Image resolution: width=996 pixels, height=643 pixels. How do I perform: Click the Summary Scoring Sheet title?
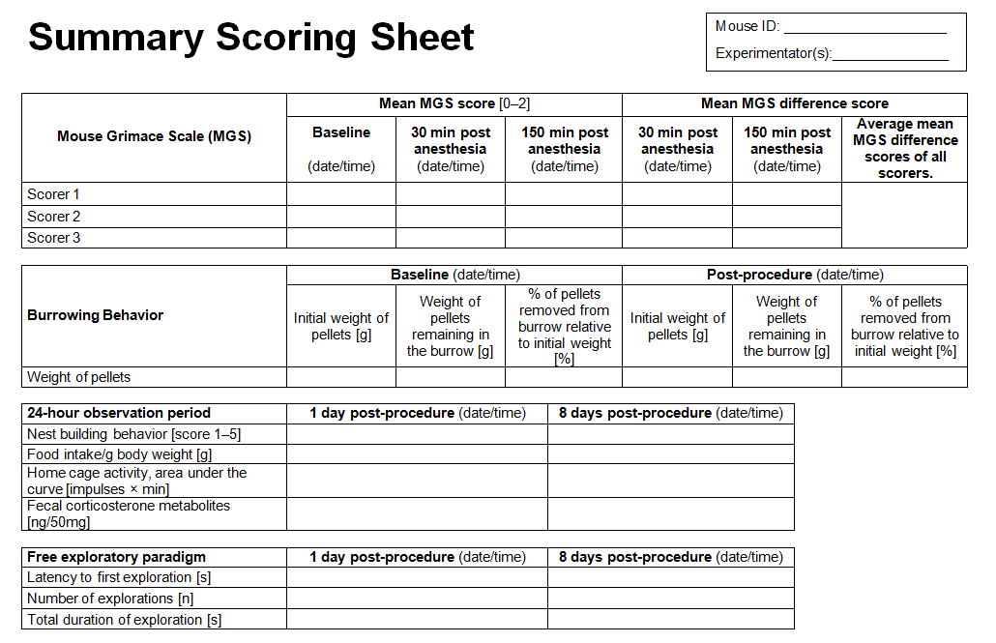click(x=251, y=38)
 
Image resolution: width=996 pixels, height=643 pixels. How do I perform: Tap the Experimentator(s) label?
click(x=773, y=53)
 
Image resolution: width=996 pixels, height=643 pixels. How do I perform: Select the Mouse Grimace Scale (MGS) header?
click(x=154, y=136)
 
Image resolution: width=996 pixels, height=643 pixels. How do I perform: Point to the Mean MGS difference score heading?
click(x=794, y=103)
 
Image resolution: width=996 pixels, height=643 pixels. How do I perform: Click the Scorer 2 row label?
click(x=54, y=217)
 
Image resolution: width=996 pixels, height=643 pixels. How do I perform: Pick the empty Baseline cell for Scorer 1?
click(x=341, y=194)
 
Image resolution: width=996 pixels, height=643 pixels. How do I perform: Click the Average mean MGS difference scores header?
click(x=904, y=149)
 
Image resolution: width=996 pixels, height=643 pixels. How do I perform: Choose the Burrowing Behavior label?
click(x=95, y=315)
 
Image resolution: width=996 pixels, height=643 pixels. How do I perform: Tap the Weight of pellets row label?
click(x=78, y=377)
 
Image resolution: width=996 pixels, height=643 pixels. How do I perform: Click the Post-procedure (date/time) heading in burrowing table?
click(x=794, y=275)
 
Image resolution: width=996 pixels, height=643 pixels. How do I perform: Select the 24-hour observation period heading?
click(x=119, y=413)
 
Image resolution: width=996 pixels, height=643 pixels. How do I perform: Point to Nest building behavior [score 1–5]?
click(x=133, y=434)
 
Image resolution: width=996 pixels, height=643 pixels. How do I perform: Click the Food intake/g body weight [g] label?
click(x=120, y=454)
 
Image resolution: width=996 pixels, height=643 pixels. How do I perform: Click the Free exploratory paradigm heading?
click(x=116, y=557)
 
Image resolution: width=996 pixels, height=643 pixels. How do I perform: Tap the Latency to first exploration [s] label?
click(x=119, y=577)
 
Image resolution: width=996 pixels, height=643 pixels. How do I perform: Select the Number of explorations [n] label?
click(x=110, y=599)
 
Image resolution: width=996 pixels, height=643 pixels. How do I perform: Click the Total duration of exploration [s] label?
click(x=124, y=620)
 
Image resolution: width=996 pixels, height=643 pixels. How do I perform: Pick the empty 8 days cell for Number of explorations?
click(x=670, y=599)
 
